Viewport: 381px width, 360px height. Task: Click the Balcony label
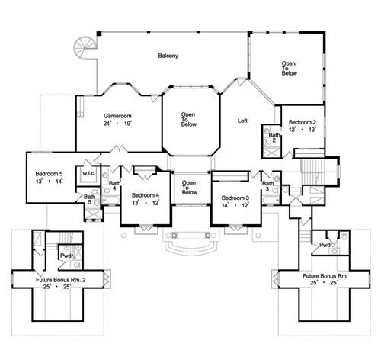[168, 56]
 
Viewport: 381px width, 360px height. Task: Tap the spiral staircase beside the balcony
[85, 48]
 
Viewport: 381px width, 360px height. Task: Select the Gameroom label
[117, 116]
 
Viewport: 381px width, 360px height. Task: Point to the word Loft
[242, 121]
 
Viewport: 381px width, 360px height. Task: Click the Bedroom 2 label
[303, 122]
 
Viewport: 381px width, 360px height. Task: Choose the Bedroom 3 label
[235, 198]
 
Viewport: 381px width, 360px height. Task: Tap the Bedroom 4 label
[146, 195]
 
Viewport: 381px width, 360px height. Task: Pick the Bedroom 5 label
[49, 174]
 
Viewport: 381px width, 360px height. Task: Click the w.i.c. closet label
[89, 173]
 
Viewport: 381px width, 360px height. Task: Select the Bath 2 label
[274, 137]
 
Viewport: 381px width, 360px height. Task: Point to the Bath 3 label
[268, 186]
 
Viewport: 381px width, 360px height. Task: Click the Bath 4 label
[114, 185]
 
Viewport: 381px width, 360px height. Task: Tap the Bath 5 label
[90, 199]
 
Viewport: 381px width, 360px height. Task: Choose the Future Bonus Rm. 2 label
[61, 280]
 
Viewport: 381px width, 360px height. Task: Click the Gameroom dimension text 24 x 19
[117, 124]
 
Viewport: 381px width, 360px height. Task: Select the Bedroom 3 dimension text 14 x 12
[235, 205]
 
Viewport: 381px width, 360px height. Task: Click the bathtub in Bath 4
[110, 200]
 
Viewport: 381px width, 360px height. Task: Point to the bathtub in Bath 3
[271, 200]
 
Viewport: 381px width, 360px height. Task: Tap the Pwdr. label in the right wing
[326, 245]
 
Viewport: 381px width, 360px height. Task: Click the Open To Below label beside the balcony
[289, 69]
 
